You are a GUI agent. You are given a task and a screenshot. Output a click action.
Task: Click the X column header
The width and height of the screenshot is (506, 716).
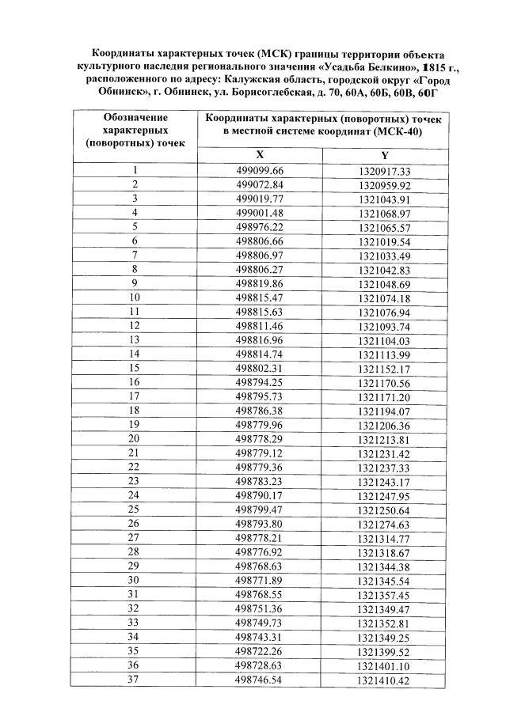click(259, 155)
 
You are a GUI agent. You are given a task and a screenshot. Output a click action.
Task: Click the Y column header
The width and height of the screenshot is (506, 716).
click(383, 155)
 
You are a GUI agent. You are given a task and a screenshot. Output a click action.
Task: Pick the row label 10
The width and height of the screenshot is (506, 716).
click(135, 297)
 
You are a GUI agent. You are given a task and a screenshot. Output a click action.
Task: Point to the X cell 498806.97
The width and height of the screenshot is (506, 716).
click(259, 255)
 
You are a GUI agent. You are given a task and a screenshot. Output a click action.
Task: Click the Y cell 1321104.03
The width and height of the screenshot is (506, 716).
click(383, 339)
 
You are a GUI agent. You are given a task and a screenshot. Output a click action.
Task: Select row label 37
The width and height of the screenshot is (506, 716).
click(135, 679)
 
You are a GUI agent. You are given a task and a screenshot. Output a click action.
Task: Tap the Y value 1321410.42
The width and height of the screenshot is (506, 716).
click(383, 680)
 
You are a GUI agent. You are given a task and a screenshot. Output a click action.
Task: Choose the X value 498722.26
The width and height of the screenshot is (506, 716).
click(259, 651)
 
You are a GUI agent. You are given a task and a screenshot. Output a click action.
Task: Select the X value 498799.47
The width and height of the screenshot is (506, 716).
click(259, 510)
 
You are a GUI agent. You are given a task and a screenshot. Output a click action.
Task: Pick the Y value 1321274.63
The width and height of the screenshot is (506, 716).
click(383, 524)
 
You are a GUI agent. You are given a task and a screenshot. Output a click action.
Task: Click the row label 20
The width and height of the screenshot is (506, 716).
click(135, 438)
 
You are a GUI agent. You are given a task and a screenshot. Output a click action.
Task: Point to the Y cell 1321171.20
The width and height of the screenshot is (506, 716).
click(383, 396)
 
